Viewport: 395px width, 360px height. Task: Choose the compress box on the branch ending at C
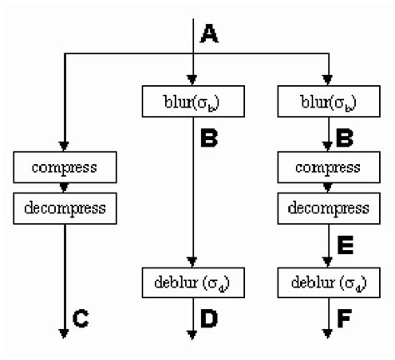coord(63,167)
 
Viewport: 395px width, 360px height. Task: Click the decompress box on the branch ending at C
coord(63,206)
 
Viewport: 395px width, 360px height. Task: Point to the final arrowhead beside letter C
coord(63,333)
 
